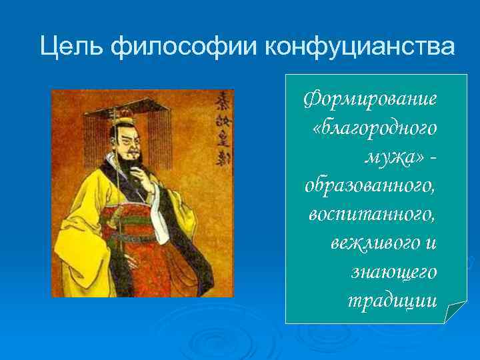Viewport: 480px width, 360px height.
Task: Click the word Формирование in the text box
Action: pyautogui.click(x=370, y=100)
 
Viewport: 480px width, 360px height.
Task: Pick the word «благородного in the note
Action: pyautogui.click(x=374, y=129)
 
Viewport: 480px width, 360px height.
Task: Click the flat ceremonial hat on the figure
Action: pyautogui.click(x=133, y=107)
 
